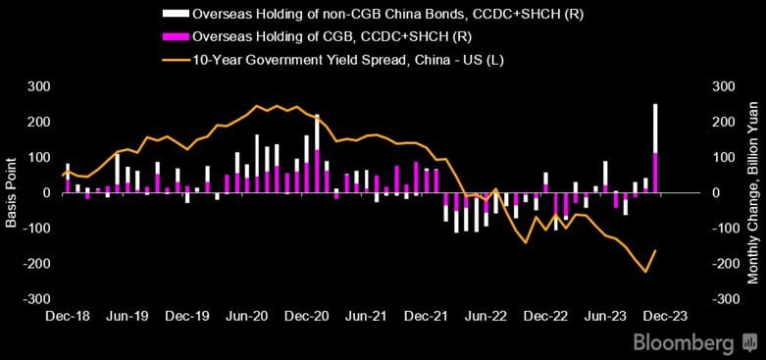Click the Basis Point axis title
pyautogui.click(x=11, y=193)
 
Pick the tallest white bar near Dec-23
pyautogui.click(x=655, y=128)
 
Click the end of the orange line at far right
pyautogui.click(x=656, y=250)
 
